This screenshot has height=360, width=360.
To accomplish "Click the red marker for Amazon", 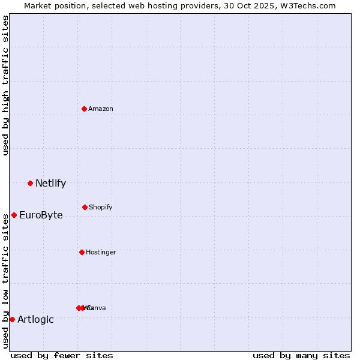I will point(84,109).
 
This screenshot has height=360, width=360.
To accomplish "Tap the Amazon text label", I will point(100,109).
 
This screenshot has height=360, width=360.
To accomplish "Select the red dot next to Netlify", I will point(30,183).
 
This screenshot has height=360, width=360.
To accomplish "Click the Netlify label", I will point(50,184).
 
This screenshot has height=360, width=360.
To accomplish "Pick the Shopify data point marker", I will point(85,207).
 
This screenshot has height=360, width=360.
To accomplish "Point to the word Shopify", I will point(100,208).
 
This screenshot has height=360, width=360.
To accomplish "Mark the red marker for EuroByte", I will point(14,215).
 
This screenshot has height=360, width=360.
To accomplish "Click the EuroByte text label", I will point(41,215).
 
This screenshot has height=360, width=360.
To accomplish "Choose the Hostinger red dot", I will point(82,252).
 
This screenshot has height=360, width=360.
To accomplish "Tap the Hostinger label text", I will point(101,253).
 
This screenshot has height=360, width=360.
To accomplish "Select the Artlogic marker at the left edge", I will point(12,319).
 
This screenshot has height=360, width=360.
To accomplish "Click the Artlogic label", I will point(35,320).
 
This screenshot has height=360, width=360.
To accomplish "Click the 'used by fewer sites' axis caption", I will point(62,356).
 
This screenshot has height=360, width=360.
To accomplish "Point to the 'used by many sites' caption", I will point(301,356).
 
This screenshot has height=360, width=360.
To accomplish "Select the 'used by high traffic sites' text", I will point(5,85).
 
